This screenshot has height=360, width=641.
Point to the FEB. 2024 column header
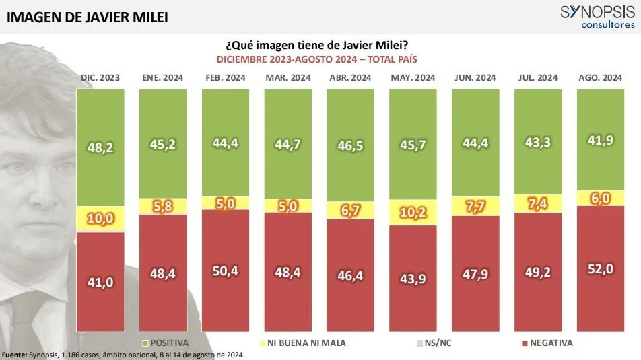tap(226, 78)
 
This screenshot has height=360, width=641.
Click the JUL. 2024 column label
tap(537, 78)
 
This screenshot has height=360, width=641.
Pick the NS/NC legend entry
tap(439, 343)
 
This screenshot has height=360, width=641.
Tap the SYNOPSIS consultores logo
tap(597, 16)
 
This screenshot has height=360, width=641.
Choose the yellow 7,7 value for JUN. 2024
tap(475, 207)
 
